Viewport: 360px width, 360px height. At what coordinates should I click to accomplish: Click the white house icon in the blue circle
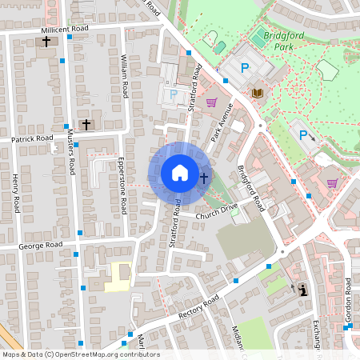pyautogui.click(x=180, y=173)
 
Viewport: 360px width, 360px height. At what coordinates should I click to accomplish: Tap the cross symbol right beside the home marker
pyautogui.click(x=204, y=178)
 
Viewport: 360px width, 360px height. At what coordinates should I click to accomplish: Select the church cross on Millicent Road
pyautogui.click(x=46, y=41)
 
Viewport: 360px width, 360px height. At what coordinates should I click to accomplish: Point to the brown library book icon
pyautogui.click(x=258, y=94)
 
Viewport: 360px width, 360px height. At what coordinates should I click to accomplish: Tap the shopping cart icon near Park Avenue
pyautogui.click(x=211, y=102)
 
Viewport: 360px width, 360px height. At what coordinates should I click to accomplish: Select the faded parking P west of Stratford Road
pyautogui.click(x=174, y=94)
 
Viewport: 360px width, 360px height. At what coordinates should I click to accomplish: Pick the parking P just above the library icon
pyautogui.click(x=246, y=70)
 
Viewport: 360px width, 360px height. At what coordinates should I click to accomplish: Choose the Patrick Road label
pyautogui.click(x=32, y=138)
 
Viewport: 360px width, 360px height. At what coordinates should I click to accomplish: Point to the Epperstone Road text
pyautogui.click(x=122, y=185)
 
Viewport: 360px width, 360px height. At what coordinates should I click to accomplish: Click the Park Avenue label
pyautogui.click(x=222, y=123)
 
